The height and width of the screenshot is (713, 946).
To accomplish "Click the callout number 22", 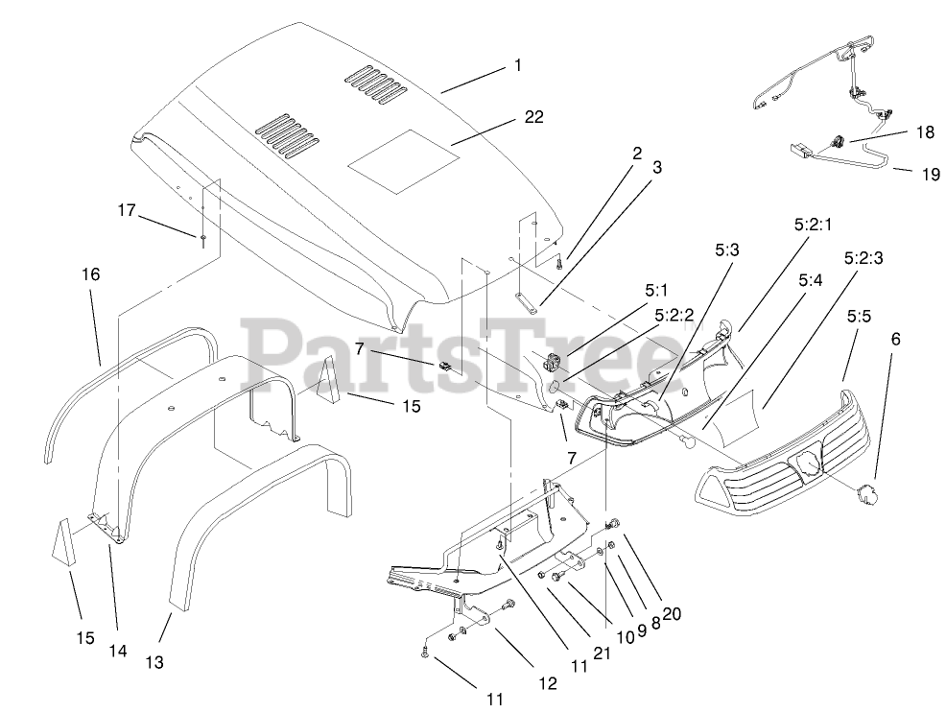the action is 533,117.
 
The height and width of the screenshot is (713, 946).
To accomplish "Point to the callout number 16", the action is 90,274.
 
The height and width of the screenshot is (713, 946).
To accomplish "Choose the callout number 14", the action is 117,651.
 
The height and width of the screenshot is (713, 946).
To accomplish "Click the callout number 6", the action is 895,339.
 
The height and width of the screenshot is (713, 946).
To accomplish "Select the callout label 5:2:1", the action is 814,226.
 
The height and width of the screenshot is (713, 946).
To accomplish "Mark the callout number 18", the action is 924,133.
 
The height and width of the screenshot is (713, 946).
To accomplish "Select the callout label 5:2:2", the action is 675,314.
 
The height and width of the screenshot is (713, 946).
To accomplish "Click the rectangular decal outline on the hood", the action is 401,158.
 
